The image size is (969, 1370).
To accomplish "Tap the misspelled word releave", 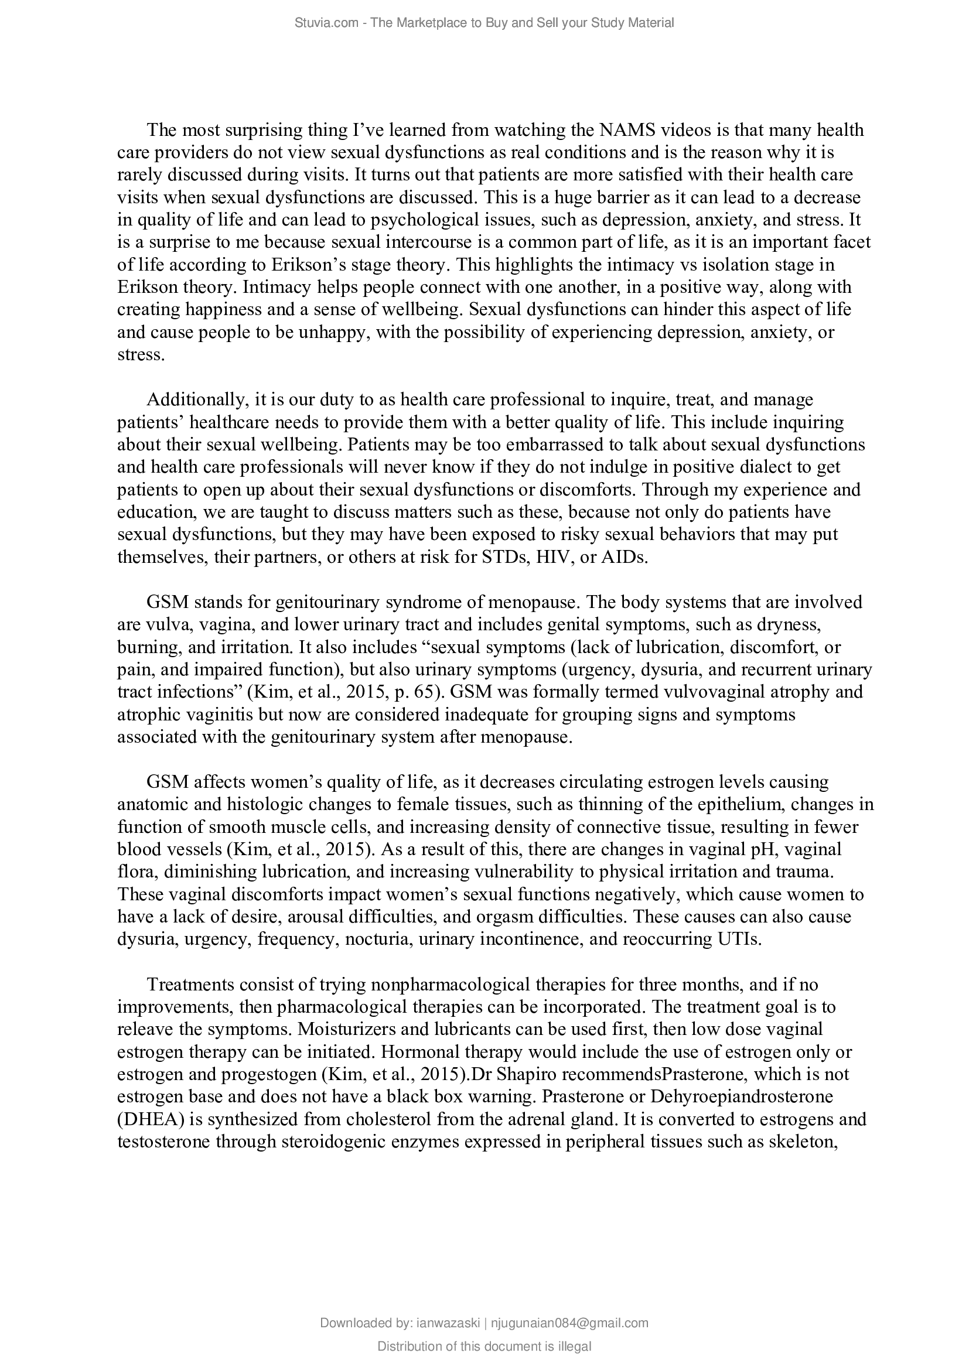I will point(144,1029).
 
